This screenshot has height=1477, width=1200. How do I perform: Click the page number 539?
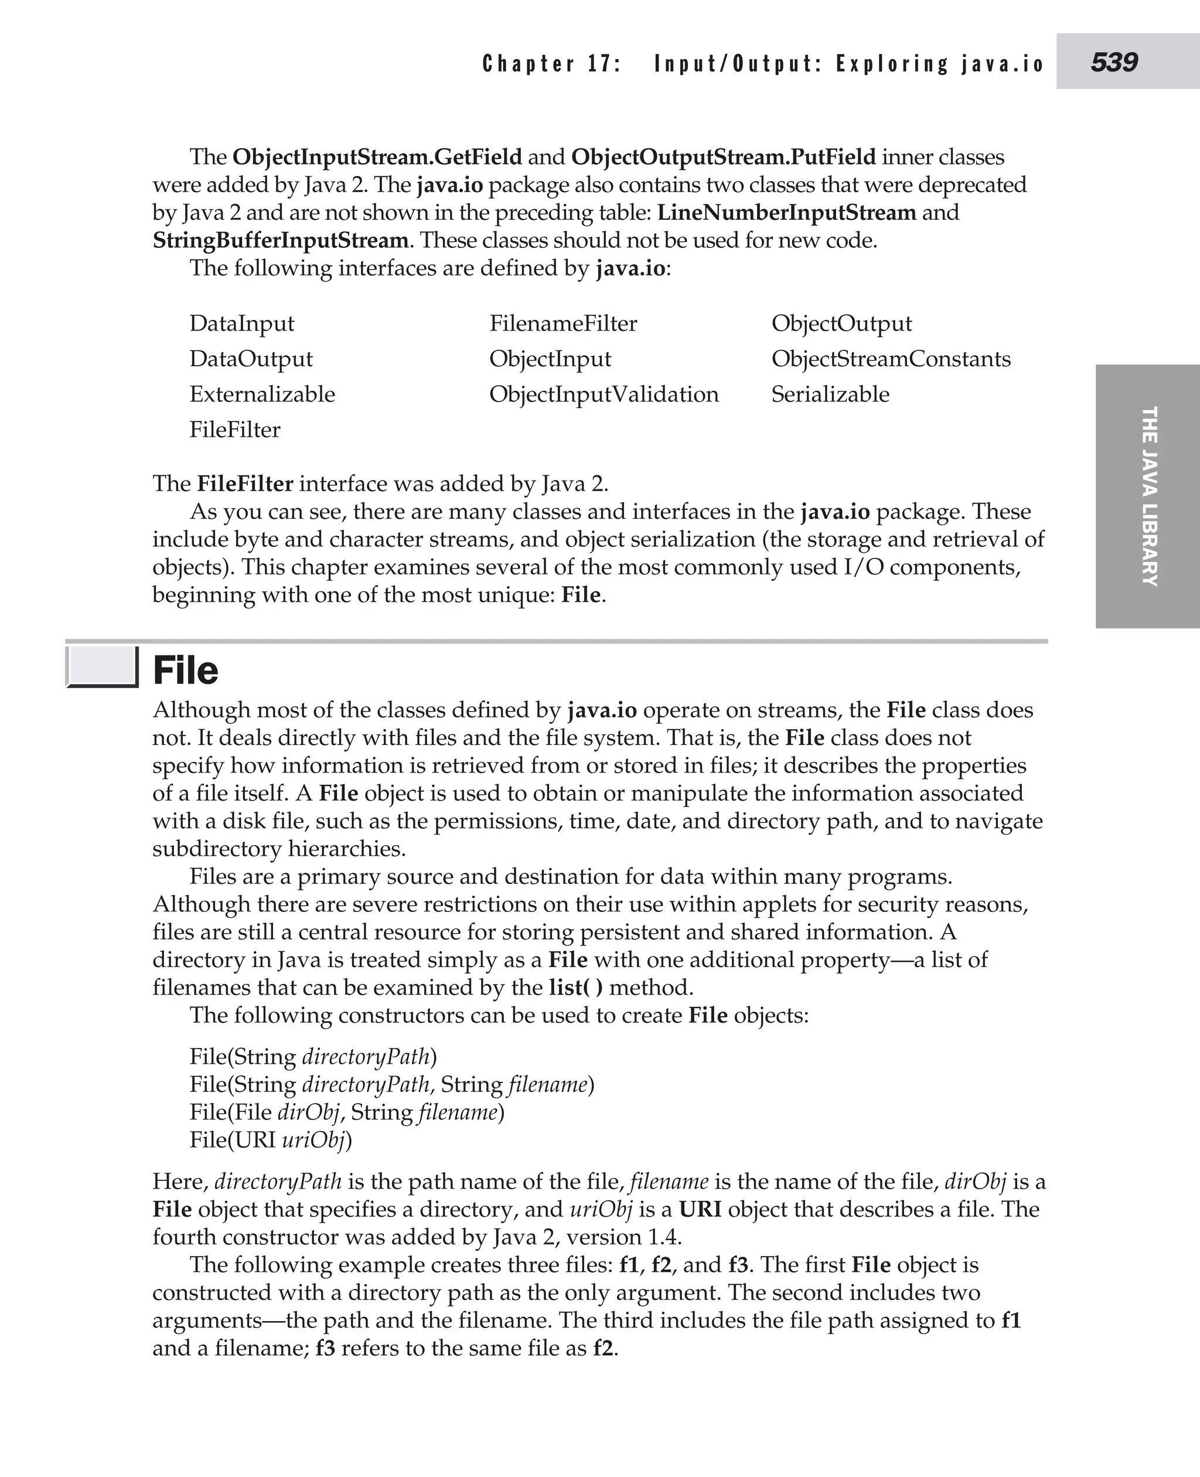tap(1114, 62)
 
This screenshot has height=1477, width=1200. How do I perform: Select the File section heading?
tap(185, 671)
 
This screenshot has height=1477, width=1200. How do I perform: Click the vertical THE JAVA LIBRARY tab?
tap(1148, 496)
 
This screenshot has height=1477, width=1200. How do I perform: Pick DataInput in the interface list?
tap(241, 324)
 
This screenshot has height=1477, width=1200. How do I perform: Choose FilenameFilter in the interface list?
tap(562, 324)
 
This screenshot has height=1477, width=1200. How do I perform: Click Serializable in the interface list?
tap(830, 394)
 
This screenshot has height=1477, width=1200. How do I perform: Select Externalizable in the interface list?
tap(262, 394)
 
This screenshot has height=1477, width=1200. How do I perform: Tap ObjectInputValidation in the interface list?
tap(604, 394)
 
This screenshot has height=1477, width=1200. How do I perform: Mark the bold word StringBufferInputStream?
tap(280, 241)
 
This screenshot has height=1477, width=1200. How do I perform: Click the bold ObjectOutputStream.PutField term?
tap(723, 157)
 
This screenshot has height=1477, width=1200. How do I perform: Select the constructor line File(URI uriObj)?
tap(270, 1139)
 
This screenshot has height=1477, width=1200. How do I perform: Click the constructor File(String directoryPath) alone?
tap(312, 1057)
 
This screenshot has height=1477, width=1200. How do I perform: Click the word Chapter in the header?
tap(528, 64)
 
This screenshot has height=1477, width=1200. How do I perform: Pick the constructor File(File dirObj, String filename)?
tap(346, 1112)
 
